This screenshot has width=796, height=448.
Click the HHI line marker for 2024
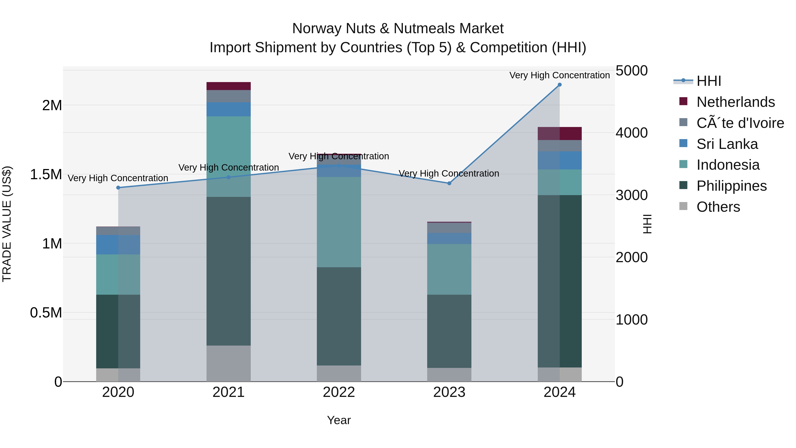point(559,85)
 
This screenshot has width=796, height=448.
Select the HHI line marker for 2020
point(118,188)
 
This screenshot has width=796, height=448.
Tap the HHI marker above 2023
point(449,183)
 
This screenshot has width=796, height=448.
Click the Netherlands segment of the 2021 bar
point(228,86)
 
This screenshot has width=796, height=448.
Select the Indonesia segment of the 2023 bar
point(449,269)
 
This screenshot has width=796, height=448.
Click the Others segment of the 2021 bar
point(228,363)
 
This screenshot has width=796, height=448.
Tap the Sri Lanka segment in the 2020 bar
point(118,244)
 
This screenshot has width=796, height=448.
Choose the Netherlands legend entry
point(735,102)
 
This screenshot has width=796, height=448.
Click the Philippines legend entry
point(731,186)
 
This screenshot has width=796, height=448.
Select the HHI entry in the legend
point(709,81)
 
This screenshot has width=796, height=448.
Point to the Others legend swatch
point(683,206)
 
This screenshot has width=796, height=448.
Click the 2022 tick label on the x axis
point(339,392)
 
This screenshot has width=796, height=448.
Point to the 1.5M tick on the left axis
point(46,174)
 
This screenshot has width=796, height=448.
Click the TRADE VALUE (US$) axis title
point(7,224)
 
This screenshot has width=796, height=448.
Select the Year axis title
point(339,420)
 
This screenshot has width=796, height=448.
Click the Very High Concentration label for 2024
point(559,75)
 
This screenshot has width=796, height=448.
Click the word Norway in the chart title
point(317,29)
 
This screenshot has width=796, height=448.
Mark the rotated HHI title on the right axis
point(647,224)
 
